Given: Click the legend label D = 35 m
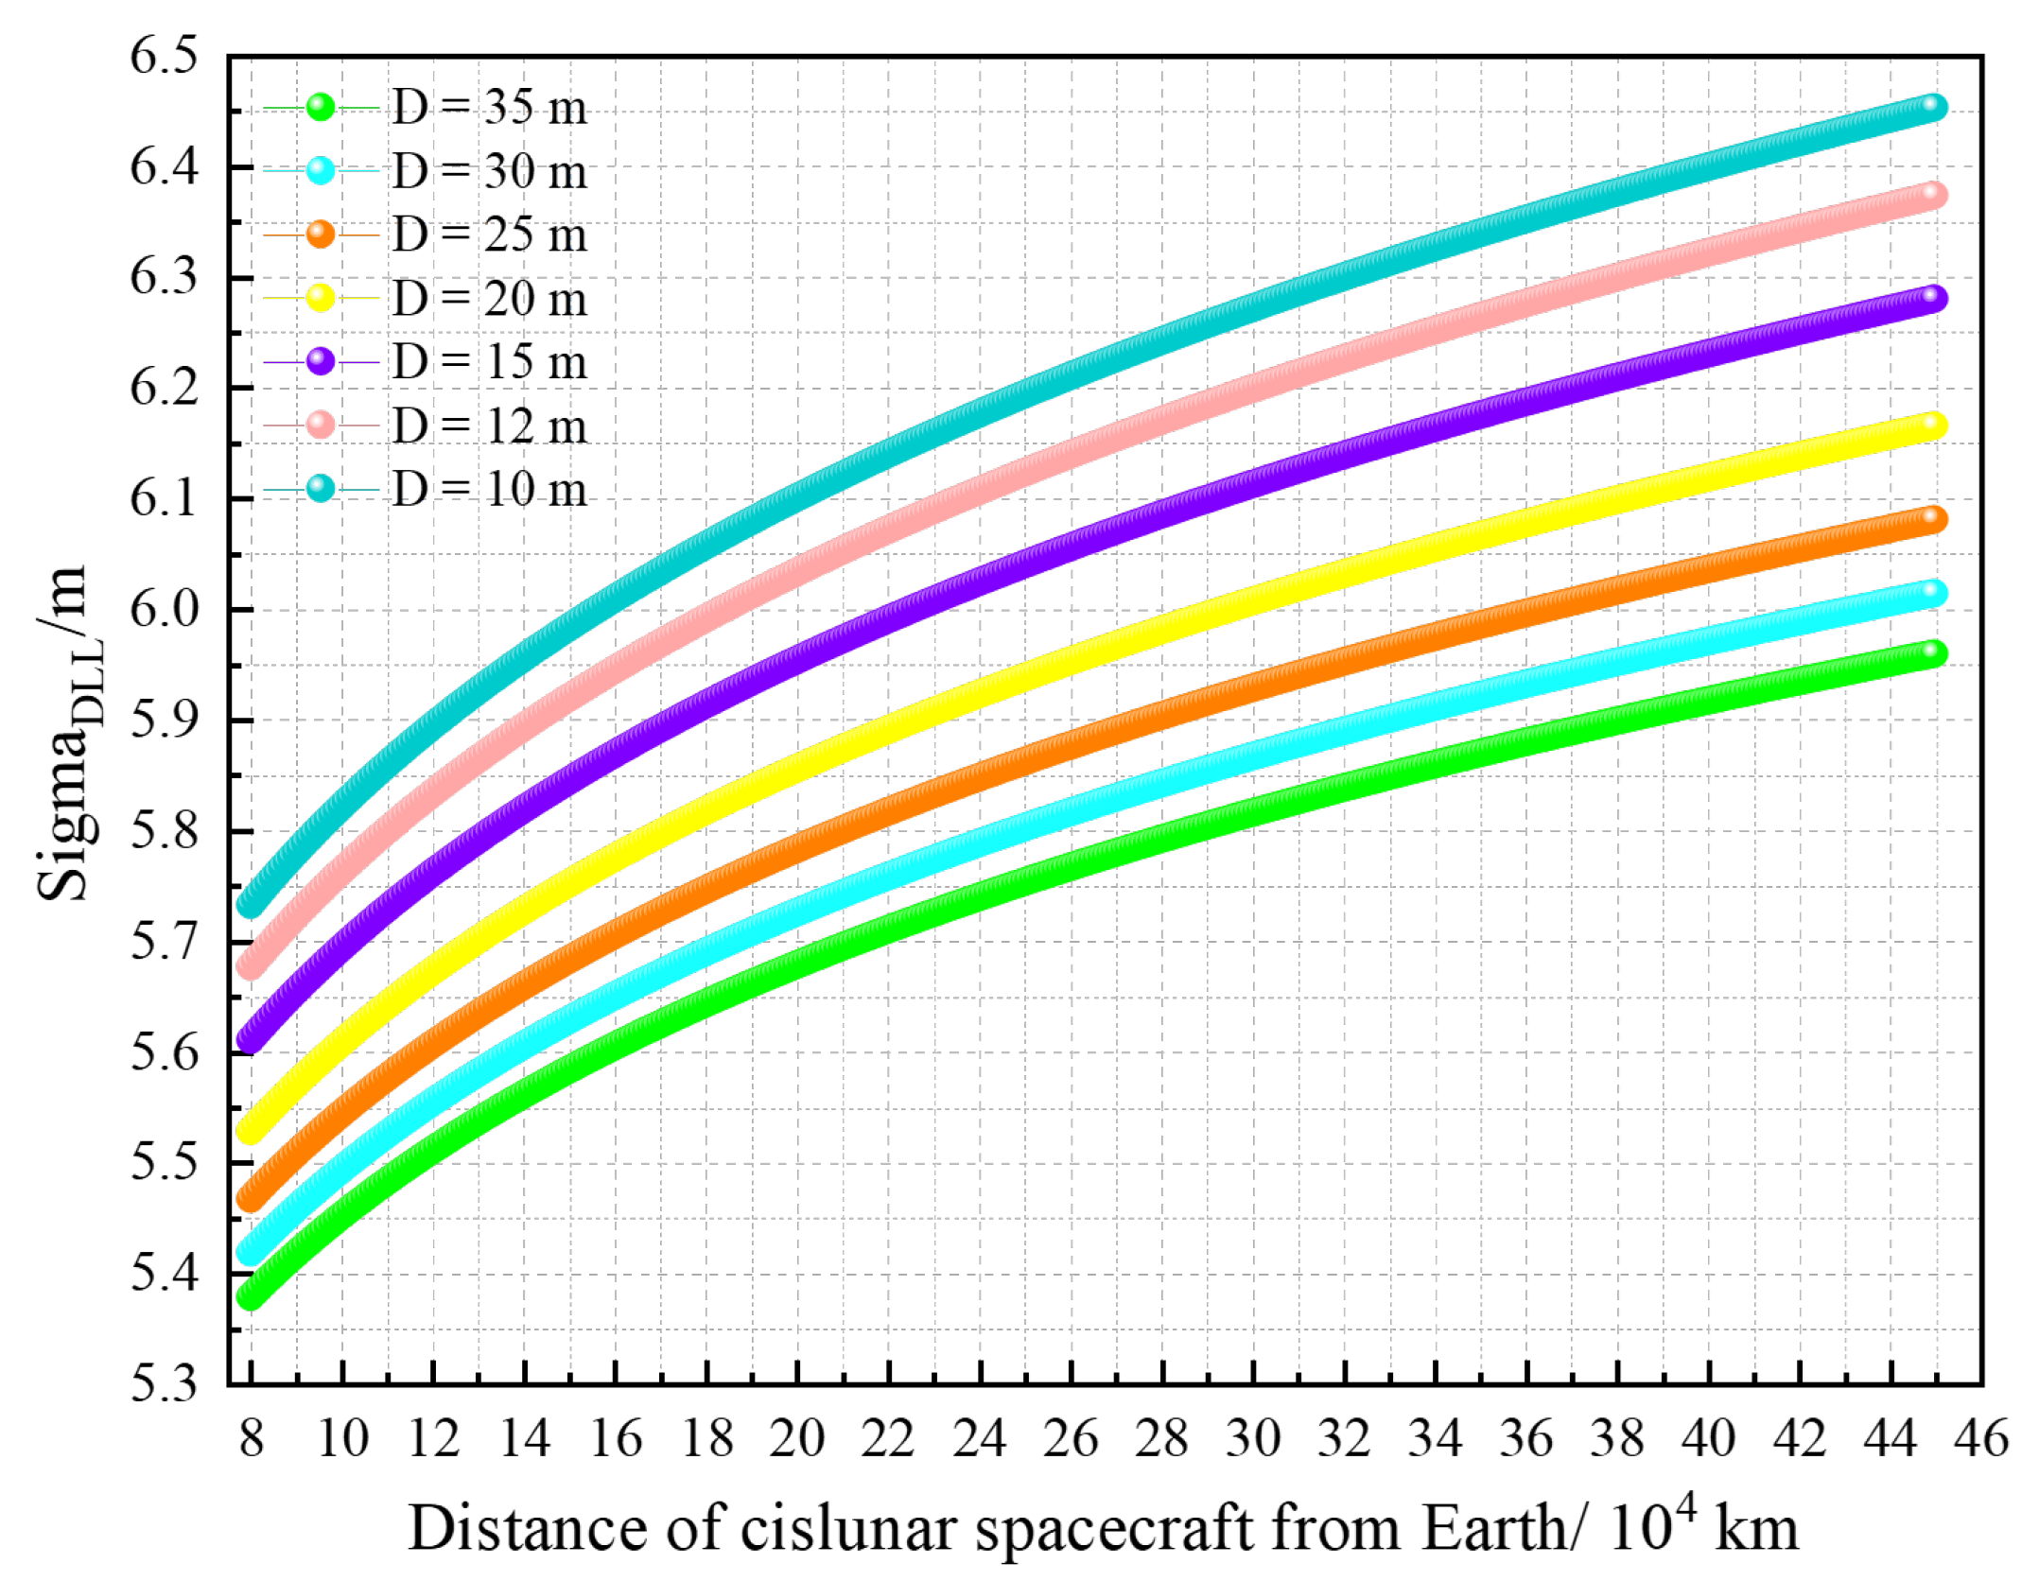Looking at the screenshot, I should tap(489, 108).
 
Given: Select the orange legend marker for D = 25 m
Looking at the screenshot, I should tap(321, 234).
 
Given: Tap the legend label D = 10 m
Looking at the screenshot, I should tap(489, 490).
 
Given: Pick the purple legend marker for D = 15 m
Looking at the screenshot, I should tap(321, 361).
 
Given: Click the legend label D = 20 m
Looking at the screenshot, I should tap(489, 299).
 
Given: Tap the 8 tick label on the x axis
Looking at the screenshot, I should tap(251, 1440).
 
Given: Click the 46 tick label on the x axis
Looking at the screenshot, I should tap(1980, 1440).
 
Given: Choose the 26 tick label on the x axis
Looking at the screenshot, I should tap(1070, 1440).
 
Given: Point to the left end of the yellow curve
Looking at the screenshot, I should tap(250, 1129).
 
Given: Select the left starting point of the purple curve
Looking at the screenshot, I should tap(250, 1040).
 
